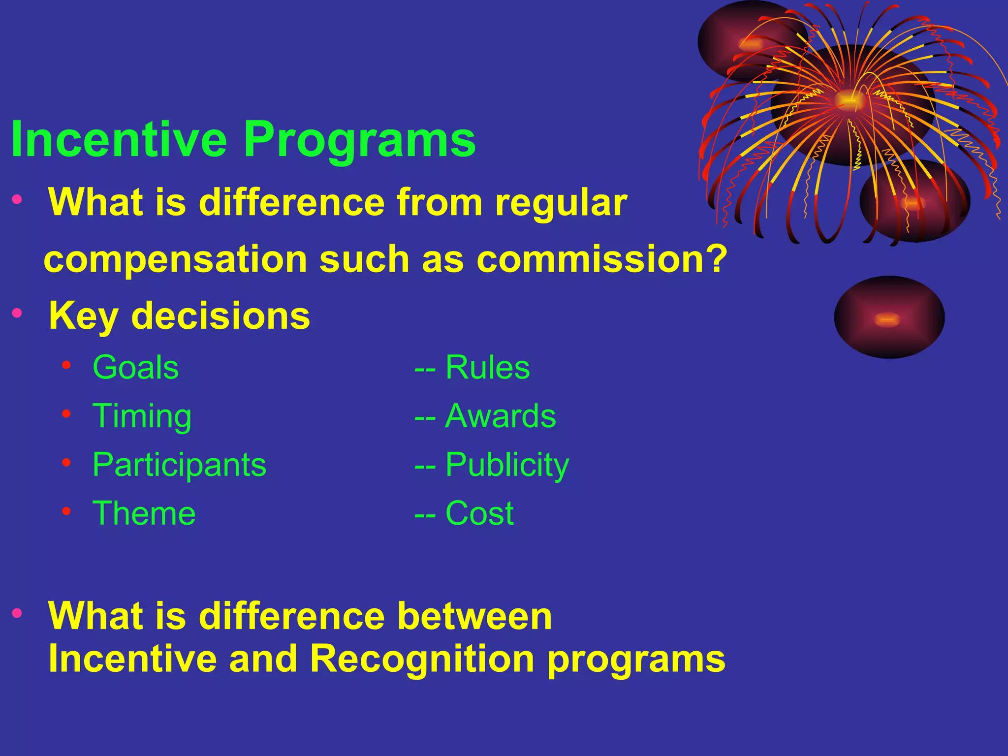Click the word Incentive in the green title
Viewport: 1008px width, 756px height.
[x=118, y=140]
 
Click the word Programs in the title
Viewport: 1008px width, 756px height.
[x=359, y=140]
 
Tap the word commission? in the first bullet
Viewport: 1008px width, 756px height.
[x=601, y=259]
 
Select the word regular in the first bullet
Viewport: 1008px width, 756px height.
[x=561, y=203]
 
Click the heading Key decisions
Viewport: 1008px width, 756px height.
[x=179, y=316]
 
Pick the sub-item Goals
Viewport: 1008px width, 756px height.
[x=135, y=368]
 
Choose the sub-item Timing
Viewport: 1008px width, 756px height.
[x=142, y=416]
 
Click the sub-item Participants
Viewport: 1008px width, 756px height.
[x=179, y=465]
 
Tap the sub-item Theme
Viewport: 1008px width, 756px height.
[x=144, y=513]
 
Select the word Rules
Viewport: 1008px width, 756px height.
[x=487, y=368]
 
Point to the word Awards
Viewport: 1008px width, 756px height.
[x=500, y=416]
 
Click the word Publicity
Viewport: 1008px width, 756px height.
[x=507, y=465]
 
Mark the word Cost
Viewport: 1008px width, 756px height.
[x=479, y=513]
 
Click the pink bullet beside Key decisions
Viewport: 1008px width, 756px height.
[x=17, y=313]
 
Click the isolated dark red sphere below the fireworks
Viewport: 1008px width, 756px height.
[x=889, y=317]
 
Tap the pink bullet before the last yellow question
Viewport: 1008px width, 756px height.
[x=17, y=613]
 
